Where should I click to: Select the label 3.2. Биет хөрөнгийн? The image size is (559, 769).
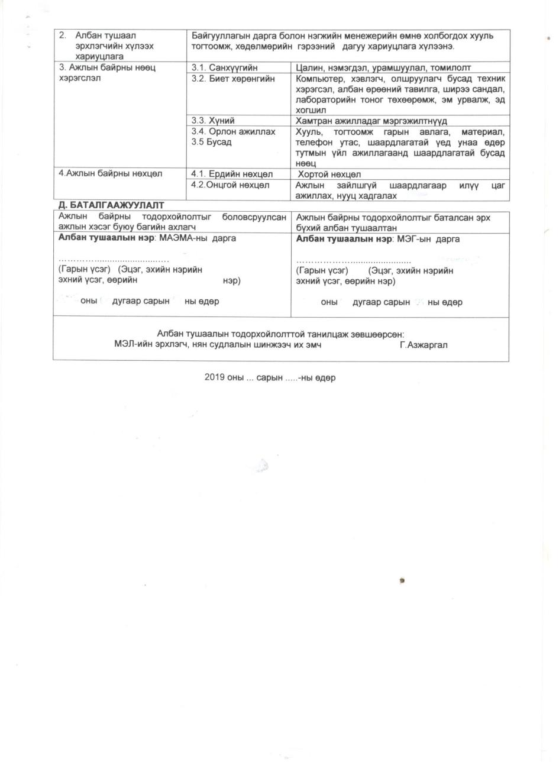point(233,79)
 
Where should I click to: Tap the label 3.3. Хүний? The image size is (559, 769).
point(207,120)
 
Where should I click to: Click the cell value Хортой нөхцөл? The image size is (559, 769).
point(329,175)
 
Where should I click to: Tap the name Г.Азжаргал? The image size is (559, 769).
point(424,345)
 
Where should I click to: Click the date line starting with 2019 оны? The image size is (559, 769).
point(270,378)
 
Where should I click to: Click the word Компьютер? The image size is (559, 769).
point(320,79)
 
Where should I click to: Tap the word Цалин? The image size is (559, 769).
point(308,68)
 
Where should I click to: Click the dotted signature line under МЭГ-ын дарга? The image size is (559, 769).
point(353,260)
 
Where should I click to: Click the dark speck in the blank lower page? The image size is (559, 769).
point(403,580)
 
